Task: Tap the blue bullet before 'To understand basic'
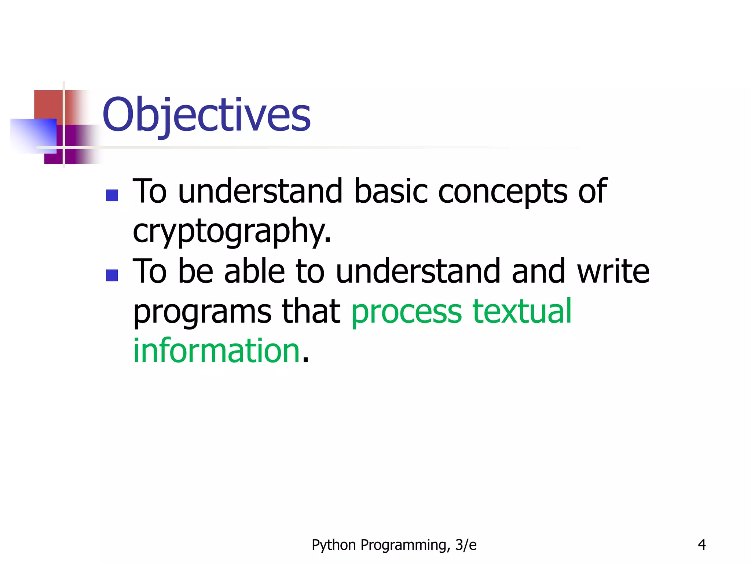coord(112,195)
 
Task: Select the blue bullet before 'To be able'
coord(112,275)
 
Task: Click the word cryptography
coord(232,231)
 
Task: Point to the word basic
coord(391,191)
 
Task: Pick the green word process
coord(407,312)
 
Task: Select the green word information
coord(217,351)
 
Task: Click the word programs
coord(202,313)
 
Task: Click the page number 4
coord(701,545)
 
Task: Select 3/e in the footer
coord(466,545)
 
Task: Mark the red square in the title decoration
coord(48,104)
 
